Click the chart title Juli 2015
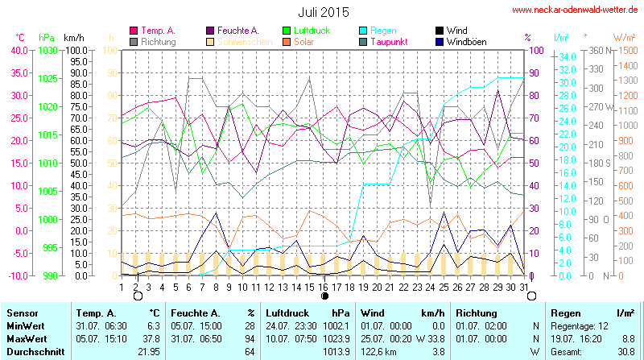323,12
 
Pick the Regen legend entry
383,31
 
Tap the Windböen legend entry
466,41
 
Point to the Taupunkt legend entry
390,41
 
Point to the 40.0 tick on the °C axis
18,50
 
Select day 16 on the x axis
322,286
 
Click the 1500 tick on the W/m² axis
625,50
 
